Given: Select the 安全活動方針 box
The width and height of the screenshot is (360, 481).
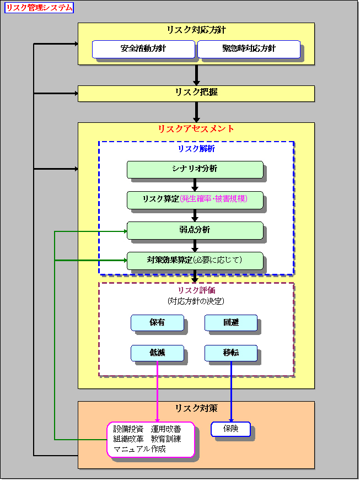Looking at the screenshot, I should pos(143,49).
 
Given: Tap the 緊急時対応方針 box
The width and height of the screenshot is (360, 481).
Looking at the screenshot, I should pos(248,49).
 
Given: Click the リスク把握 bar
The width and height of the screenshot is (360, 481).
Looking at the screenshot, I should pos(196,93).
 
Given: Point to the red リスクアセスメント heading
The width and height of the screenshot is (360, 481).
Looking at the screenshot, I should pos(196,129).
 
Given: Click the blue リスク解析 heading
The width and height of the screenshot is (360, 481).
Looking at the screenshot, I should pos(196,149).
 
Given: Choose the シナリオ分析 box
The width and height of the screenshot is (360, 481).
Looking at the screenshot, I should pos(195,169).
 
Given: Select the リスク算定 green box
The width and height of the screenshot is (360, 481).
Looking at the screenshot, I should pos(195,199).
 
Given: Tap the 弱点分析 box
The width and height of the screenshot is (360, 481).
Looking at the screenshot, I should pos(195,230).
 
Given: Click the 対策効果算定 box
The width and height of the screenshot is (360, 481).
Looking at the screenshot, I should pos(195,260).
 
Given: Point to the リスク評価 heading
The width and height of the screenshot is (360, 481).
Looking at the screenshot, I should pos(196,291).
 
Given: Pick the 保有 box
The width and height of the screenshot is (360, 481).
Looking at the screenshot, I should pos(157,322).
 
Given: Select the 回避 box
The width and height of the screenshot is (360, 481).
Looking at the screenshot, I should pos(231,322).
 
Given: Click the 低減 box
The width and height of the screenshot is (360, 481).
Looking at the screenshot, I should pos(157,353).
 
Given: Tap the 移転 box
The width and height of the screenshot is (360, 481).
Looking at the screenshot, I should pos(231,353).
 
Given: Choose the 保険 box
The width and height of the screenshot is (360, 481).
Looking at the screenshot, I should pos(230,429).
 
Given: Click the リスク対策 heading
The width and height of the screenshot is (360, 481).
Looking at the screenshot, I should pos(196,408).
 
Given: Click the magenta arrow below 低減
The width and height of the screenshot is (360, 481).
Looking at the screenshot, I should pos(158,391).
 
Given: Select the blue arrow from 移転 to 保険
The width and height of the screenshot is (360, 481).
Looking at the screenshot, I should pos(231,391).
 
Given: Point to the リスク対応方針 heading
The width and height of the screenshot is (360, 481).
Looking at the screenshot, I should pos(196,30).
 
